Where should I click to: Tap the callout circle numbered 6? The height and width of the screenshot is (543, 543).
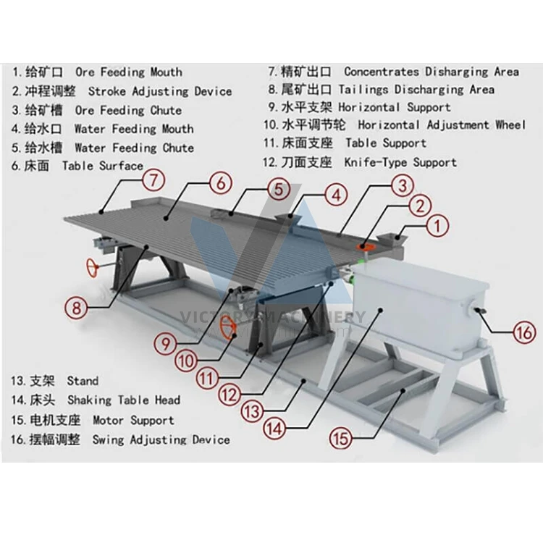222,183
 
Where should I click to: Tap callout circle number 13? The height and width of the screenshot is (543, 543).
252,412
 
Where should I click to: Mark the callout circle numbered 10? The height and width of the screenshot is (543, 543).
186,358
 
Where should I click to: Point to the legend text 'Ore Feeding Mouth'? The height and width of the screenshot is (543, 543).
128,72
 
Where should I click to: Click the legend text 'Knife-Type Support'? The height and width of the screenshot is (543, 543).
400,162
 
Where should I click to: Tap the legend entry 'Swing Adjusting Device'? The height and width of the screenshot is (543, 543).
161,439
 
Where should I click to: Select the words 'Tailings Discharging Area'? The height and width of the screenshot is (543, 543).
444,90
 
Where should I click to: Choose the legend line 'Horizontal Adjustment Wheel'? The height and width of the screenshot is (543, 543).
442,125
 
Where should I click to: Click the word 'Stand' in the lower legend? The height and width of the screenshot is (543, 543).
83,380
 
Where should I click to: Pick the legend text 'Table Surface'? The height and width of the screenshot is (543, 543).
102,166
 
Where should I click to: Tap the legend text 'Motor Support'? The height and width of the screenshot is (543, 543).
133,420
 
